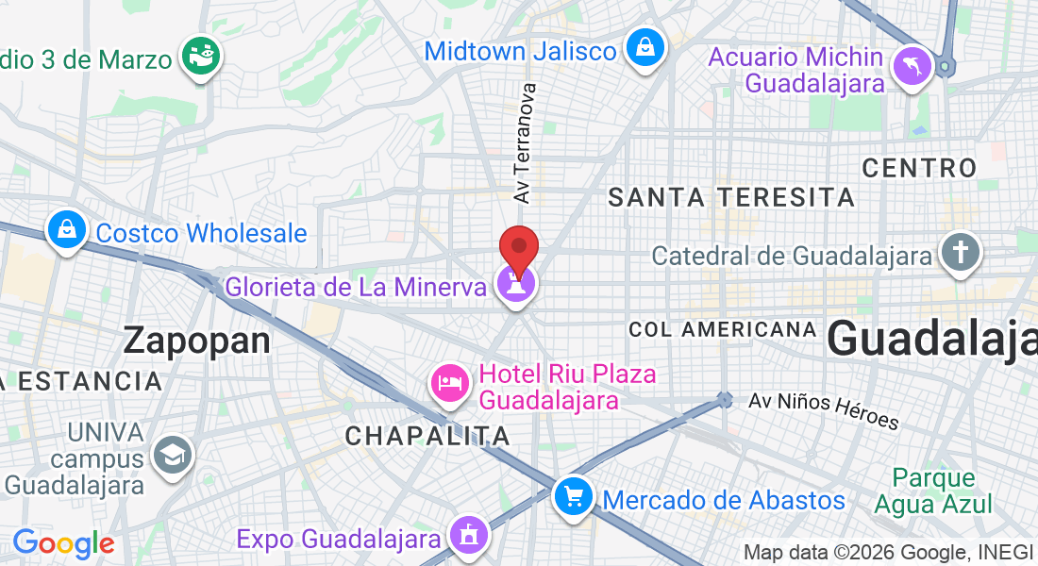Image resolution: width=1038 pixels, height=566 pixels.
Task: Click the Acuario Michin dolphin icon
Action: tap(912, 67)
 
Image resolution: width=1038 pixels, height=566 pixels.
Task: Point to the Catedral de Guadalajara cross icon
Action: tap(960, 254)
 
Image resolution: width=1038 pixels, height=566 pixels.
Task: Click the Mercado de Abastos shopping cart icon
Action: tap(573, 496)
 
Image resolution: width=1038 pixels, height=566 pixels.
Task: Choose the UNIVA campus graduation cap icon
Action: tap(173, 456)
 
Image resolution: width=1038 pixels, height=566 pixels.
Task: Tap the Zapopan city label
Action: tap(197, 341)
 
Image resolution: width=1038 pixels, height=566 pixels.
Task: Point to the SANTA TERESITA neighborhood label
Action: tap(731, 197)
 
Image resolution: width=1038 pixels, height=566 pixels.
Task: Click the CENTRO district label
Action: tap(919, 168)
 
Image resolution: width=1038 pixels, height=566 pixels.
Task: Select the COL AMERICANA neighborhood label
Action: tap(722, 329)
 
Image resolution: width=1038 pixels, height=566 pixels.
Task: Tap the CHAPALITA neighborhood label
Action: tap(427, 436)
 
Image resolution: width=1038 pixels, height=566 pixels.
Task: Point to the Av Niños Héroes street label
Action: tap(824, 411)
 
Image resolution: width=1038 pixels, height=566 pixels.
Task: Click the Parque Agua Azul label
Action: tap(932, 491)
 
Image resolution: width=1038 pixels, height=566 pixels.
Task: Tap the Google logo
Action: tap(63, 543)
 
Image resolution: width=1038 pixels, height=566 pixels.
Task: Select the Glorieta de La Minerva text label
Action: tap(356, 286)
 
